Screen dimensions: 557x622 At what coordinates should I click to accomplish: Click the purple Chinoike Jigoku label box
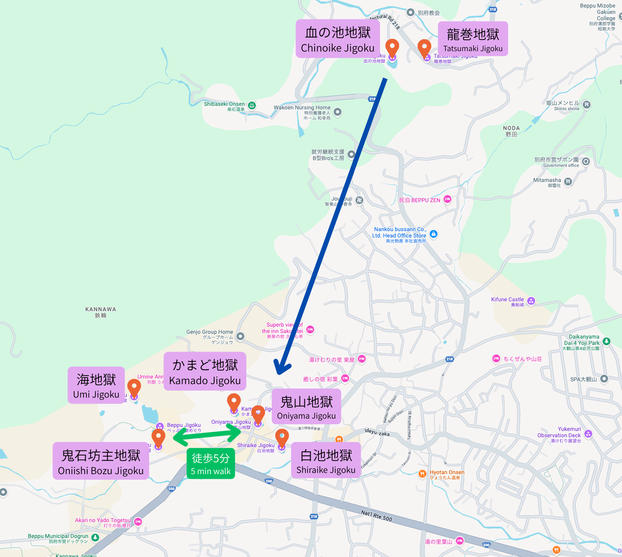337,39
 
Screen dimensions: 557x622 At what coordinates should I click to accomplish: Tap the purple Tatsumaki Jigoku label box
473,39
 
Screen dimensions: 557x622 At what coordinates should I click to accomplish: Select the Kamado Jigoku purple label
205,372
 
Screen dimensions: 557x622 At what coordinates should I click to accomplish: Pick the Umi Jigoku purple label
96,385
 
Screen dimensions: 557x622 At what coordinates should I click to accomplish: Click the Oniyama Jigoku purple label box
306,407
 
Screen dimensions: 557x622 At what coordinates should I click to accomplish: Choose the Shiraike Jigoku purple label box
326,461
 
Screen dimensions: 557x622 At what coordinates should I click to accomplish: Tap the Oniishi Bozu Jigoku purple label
101,461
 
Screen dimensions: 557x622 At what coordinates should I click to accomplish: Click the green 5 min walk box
210,463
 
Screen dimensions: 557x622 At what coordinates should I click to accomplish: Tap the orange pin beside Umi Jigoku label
134,388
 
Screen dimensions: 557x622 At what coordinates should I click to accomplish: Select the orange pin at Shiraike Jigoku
281,438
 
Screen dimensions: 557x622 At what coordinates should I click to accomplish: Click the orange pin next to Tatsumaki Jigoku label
425,49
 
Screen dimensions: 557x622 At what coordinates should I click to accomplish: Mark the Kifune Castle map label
508,300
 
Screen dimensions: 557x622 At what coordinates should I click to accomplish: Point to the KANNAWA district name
101,312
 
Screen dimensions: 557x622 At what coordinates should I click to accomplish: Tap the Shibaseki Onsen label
224,105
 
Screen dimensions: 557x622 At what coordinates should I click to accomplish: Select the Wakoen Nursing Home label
302,108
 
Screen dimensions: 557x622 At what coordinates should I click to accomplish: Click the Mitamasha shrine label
547,181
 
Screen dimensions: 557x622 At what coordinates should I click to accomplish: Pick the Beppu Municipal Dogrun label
58,537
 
